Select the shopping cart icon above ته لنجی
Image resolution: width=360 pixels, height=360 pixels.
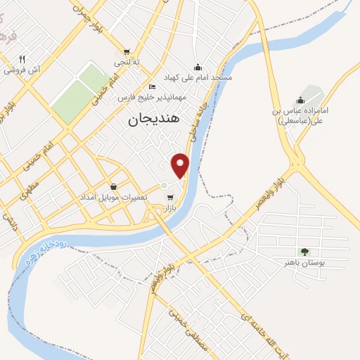[127, 51]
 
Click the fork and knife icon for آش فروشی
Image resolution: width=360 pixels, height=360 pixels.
[22, 59]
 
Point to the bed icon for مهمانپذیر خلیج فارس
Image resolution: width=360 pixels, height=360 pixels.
[153, 86]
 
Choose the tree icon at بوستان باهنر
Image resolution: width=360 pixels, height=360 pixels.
[304, 252]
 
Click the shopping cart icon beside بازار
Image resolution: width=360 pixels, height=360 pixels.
[170, 197]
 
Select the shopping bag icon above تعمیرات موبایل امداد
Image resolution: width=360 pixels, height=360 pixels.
[113, 186]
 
